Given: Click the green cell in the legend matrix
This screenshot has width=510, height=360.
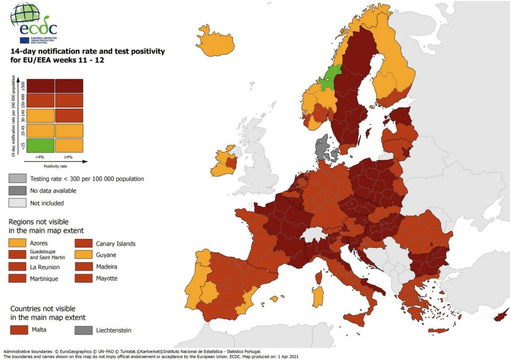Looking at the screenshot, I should [x=40, y=145].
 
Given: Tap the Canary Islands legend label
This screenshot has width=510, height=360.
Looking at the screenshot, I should [x=116, y=243].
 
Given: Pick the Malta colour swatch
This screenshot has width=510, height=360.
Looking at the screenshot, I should [x=19, y=330].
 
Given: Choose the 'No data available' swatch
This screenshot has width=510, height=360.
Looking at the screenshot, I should [x=17, y=191].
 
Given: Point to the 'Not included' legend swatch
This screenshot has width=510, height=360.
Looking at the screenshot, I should [x=17, y=203].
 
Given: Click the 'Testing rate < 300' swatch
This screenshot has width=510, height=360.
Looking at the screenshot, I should [x=17, y=178].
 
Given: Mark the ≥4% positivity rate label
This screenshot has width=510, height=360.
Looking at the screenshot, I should [x=69, y=157].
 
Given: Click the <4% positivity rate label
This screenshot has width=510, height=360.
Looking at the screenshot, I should [x=41, y=157].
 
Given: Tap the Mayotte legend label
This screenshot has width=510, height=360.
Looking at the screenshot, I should [x=107, y=278].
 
